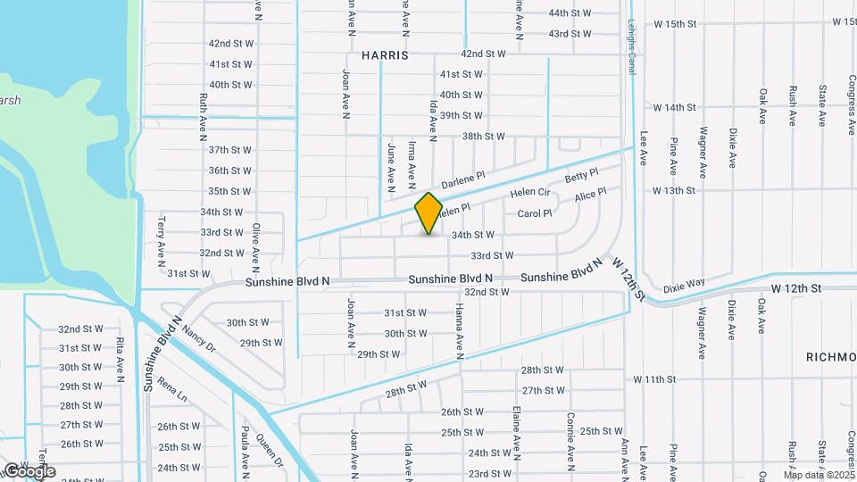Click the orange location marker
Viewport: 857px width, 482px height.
click(428, 213)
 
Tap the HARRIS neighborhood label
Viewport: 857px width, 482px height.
click(385, 55)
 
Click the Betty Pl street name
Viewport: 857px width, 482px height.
click(580, 176)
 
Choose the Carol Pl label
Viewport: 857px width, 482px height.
click(535, 214)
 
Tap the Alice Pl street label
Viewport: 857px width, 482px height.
click(591, 194)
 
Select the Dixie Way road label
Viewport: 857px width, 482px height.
click(684, 283)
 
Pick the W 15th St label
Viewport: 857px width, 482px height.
click(674, 23)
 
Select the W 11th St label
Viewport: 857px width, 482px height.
click(654, 379)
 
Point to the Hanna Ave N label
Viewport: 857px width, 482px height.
click(460, 330)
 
